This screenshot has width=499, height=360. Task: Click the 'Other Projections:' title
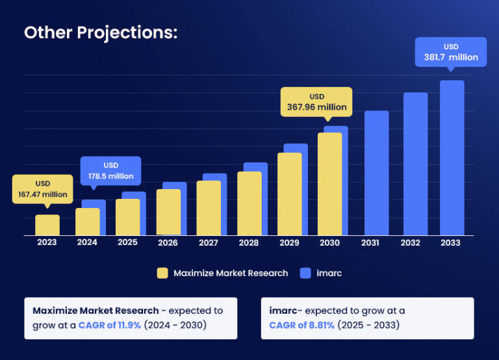[101, 33]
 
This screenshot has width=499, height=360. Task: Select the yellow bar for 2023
[47, 225]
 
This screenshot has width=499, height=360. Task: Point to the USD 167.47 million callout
[43, 189]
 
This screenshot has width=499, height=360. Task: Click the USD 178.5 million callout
[110, 171]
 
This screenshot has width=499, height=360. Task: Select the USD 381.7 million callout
[451, 52]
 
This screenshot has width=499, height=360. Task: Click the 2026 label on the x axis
[168, 242]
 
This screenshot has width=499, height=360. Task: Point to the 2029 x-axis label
[289, 242]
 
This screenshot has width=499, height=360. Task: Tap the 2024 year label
[87, 242]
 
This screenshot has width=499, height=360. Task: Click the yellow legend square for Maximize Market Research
[162, 273]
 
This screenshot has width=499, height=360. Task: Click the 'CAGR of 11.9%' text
[110, 325]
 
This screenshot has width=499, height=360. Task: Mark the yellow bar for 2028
[249, 203]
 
